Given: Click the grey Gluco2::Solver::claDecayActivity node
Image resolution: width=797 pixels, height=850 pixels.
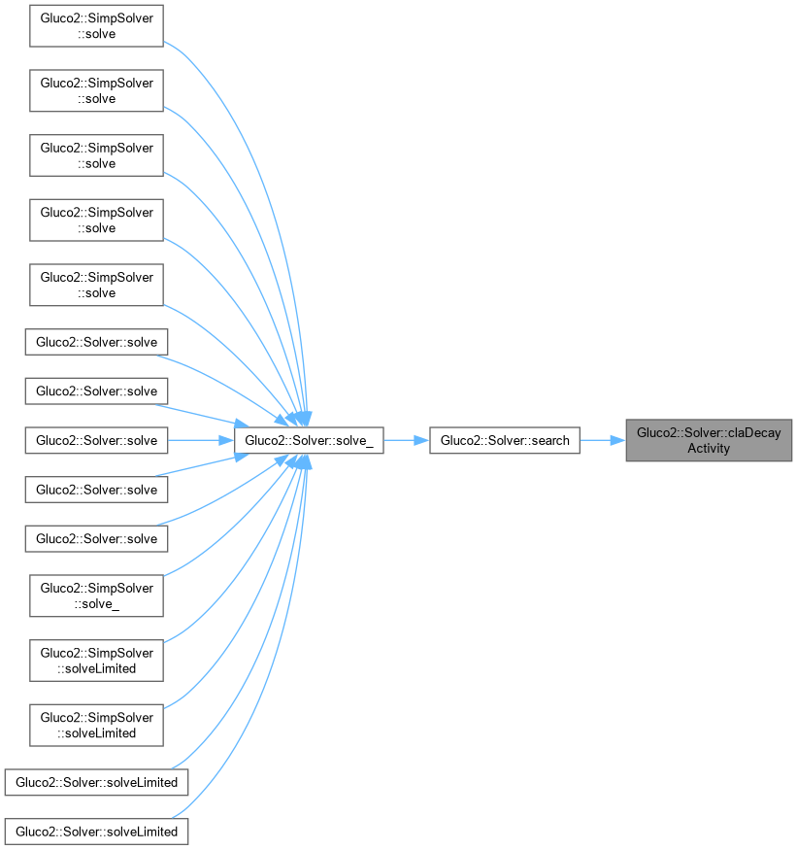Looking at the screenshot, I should pyautogui.click(x=709, y=441).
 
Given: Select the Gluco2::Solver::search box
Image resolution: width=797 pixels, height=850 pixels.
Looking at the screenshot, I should pyautogui.click(x=505, y=441).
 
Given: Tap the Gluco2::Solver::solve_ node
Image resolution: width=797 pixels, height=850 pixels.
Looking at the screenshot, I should pyautogui.click(x=308, y=441).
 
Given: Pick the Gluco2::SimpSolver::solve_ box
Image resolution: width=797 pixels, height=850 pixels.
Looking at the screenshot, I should pyautogui.click(x=96, y=595).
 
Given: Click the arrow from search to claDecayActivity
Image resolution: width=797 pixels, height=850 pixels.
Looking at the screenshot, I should pyautogui.click(x=602, y=441).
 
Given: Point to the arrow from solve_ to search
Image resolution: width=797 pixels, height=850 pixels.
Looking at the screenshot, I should pyautogui.click(x=406, y=441).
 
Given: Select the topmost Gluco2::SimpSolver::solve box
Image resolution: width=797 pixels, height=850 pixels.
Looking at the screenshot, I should pyautogui.click(x=96, y=25).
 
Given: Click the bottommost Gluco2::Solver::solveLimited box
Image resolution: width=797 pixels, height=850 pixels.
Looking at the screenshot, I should pyautogui.click(x=96, y=832).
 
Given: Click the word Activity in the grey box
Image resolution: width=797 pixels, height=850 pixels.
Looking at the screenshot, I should pyautogui.click(x=709, y=449).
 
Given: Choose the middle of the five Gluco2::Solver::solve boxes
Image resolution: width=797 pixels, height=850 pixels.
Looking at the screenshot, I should pyautogui.click(x=96, y=441).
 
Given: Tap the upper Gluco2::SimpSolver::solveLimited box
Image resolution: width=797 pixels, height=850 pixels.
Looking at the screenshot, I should pyautogui.click(x=96, y=660).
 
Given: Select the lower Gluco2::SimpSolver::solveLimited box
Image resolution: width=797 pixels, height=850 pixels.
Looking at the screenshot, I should pyautogui.click(x=96, y=725).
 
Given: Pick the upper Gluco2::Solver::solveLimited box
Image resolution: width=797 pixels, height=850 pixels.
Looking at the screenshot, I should pyautogui.click(x=96, y=782).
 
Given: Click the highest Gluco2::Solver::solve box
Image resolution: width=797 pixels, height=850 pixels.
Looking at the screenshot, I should pyautogui.click(x=96, y=342).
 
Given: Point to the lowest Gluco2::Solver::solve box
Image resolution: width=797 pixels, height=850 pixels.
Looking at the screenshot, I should pyautogui.click(x=96, y=538).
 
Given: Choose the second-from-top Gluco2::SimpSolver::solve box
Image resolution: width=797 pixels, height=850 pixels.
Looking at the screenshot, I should pyautogui.click(x=96, y=90).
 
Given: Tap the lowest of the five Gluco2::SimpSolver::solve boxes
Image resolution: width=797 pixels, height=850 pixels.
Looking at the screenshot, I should pyautogui.click(x=96, y=285).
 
